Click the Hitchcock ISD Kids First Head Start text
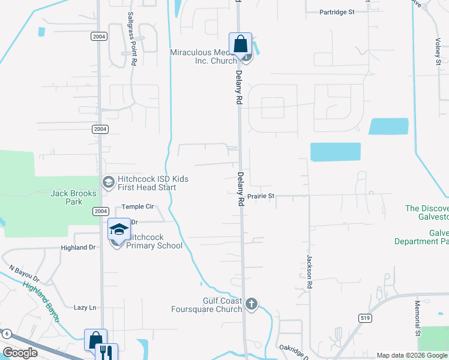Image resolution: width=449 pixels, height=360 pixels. (153, 183)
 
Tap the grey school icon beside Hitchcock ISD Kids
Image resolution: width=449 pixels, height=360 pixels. (108, 182)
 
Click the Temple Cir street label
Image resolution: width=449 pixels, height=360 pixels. (138, 206)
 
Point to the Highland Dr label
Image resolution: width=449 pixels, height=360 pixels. (78, 247)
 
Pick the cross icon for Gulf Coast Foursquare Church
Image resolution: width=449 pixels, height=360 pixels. (252, 304)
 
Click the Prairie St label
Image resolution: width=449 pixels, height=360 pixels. (261, 196)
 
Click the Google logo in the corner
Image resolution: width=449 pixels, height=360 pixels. (20, 353)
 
